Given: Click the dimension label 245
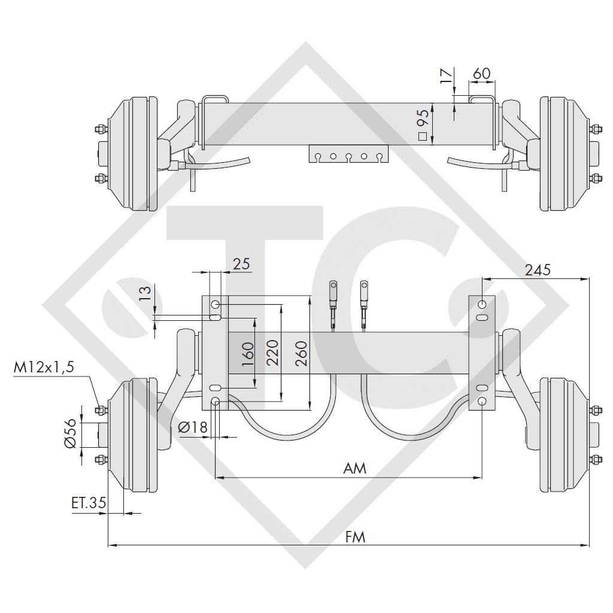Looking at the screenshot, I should click(x=538, y=270).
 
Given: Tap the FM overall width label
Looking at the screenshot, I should click(x=355, y=536).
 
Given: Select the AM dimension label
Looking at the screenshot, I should click(x=354, y=468).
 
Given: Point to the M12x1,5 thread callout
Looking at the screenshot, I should click(x=44, y=368).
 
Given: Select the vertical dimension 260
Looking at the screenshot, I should click(x=301, y=354).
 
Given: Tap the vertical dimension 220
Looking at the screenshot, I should click(x=272, y=354).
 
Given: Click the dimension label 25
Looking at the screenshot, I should click(x=241, y=263).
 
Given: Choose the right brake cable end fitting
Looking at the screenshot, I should click(x=364, y=293).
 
